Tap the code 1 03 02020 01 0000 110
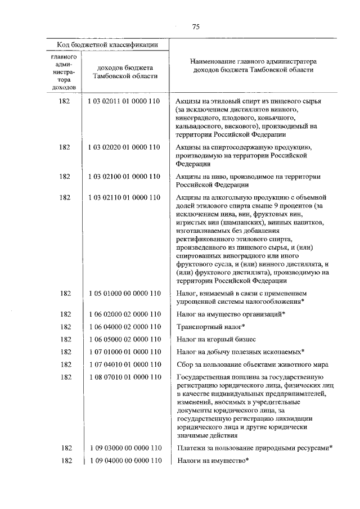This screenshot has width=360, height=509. tap(124, 147)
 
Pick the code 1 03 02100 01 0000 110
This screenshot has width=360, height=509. tap(124, 177)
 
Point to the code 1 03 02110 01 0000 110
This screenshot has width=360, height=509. tap(124, 197)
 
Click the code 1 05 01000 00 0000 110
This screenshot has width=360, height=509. tap(124, 293)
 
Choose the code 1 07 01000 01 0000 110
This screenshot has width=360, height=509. tap(124, 352)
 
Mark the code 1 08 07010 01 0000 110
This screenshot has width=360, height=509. tap(124, 376)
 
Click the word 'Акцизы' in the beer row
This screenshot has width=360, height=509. tap(188, 177)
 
